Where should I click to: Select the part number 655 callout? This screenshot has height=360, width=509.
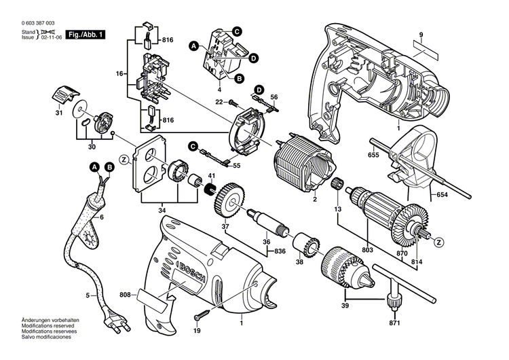pyautogui.click(x=373, y=156)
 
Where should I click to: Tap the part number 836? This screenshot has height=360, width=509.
pyautogui.click(x=280, y=253)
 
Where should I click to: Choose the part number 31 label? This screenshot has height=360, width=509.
pyautogui.click(x=59, y=113)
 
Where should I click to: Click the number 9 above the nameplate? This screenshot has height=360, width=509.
pyautogui.click(x=421, y=35)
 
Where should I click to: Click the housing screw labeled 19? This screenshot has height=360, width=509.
pyautogui.click(x=202, y=315)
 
